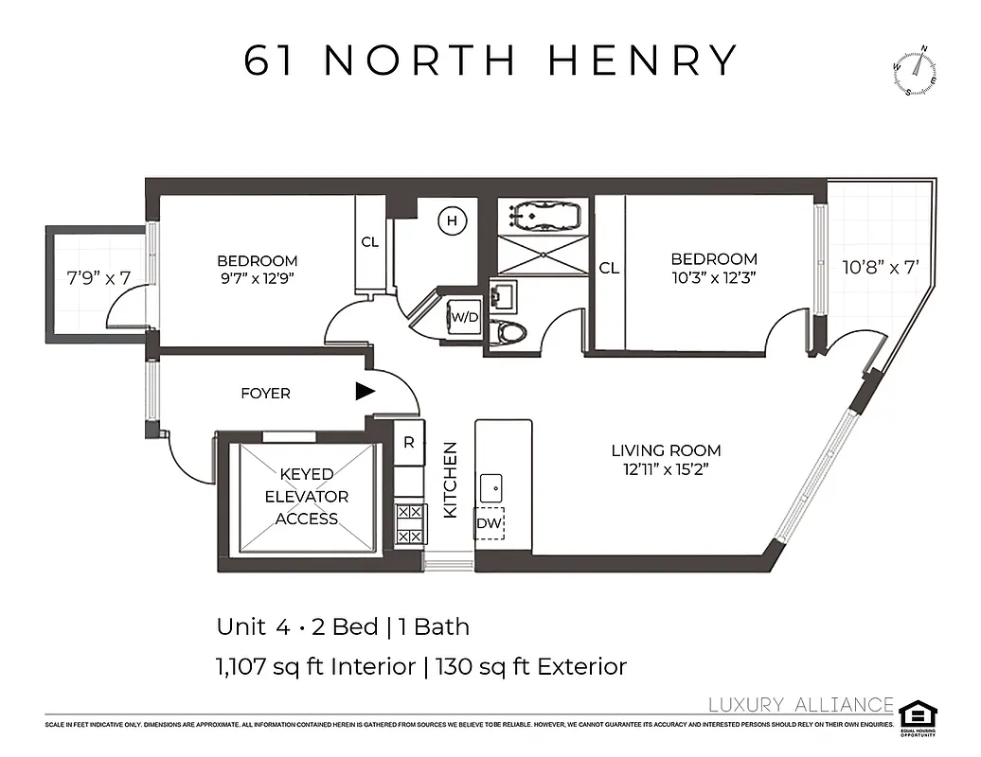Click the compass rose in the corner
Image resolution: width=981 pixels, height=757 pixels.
point(915,72)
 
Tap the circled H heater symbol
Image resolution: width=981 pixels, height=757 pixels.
point(453,221)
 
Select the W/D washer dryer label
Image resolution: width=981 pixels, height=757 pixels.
point(465,317)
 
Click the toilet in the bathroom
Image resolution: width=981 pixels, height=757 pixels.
point(512,331)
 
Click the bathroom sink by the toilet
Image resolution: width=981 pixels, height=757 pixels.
point(502,294)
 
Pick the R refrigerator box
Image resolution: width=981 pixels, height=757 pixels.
point(409,442)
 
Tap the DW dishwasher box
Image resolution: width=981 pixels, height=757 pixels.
point(490,523)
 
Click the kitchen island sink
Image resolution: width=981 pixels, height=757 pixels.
point(490,488)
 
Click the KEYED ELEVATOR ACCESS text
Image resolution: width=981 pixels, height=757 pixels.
point(307,496)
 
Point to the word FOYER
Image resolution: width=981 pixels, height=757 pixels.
point(265,393)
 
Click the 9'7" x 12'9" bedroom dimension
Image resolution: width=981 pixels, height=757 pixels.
point(257,279)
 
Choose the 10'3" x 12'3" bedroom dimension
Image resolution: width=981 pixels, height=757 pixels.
point(714,277)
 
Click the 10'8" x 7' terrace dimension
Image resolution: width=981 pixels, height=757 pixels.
point(881,267)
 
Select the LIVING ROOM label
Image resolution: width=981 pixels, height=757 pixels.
point(666,450)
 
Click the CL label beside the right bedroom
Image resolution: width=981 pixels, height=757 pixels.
point(609,268)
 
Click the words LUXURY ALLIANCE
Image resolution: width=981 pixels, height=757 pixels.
point(801,704)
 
